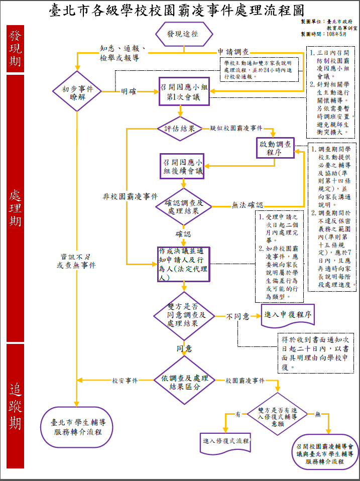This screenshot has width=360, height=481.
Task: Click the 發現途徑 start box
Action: pyautogui.click(x=183, y=34)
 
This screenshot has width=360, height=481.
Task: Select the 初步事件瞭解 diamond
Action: pyautogui.click(x=77, y=91)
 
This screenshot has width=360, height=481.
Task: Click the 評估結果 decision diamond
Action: pyautogui.click(x=179, y=129)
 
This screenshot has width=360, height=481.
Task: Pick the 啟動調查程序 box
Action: pyautogui.click(x=274, y=148)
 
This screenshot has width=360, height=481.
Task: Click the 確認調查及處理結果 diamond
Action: pyautogui.click(x=183, y=207)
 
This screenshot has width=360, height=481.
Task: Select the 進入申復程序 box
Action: pyautogui.click(x=288, y=315)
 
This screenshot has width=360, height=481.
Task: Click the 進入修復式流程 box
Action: pyautogui.click(x=226, y=441)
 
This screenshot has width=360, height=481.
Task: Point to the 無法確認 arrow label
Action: pyautogui.click(x=247, y=205)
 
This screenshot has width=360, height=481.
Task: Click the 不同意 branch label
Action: pyautogui.click(x=237, y=317)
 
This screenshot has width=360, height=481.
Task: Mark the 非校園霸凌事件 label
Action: pyautogui.click(x=130, y=196)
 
